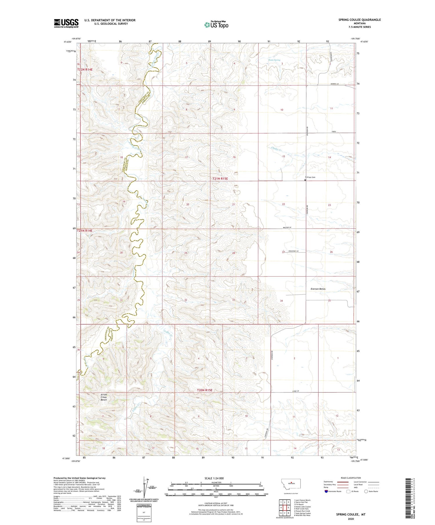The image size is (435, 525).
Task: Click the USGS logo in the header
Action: click(66, 23)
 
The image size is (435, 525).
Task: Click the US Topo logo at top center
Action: click(216, 25)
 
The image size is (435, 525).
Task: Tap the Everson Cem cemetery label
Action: click(310, 177)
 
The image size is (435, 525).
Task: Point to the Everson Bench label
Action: click(318, 289)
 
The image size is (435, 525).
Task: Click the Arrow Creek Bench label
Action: click(104, 397)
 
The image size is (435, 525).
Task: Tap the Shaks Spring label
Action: click(274, 60)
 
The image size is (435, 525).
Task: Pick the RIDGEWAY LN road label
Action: click(293, 251)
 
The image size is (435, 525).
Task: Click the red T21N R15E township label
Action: click(220, 179)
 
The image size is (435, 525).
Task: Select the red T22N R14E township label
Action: click(85, 69)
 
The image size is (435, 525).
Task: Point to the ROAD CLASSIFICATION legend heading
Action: click(351, 478)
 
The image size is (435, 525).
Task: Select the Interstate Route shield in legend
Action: click(326, 491)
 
